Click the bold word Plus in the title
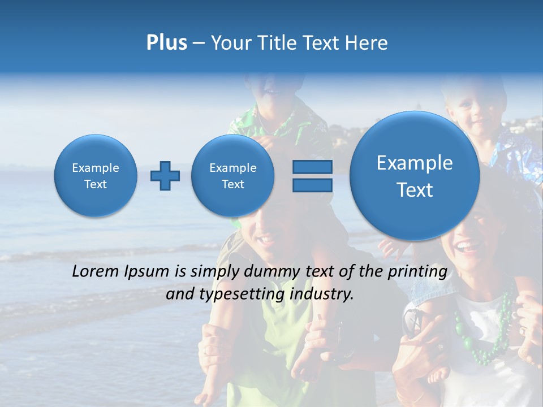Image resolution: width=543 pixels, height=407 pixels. (166, 43)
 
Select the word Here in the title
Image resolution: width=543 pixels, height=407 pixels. (367, 43)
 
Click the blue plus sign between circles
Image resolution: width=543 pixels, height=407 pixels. (165, 176)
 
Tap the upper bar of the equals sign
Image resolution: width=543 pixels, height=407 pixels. (312, 167)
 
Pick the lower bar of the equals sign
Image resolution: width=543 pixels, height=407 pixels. (312, 185)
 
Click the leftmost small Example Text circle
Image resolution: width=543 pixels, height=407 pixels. (96, 176)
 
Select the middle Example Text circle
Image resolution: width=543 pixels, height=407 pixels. (232, 176)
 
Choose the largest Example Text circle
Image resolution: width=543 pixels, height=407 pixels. (415, 176)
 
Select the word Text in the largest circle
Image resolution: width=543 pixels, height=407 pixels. (415, 190)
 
